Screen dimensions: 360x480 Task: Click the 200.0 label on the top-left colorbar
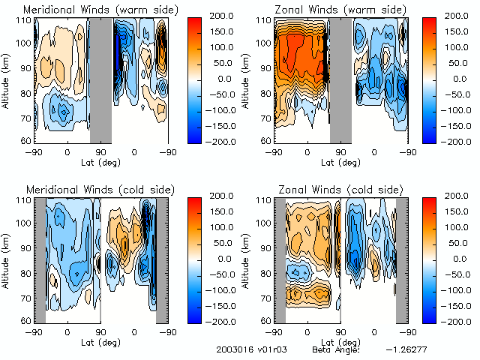(221, 16)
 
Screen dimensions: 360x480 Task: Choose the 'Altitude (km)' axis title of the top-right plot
(246, 79)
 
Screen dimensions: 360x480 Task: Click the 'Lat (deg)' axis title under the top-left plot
(100, 162)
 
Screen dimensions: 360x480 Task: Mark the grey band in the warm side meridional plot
(100, 79)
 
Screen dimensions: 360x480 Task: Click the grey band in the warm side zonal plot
(340, 79)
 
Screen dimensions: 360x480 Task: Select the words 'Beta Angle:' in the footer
(337, 349)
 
